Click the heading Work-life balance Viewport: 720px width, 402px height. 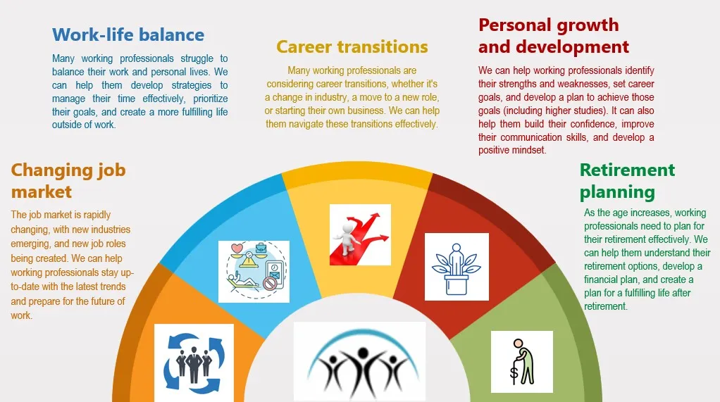coord(128,35)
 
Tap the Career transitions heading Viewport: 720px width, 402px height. coord(352,46)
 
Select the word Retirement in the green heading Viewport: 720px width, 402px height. coord(627,170)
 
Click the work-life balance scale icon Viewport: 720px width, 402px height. coord(254,272)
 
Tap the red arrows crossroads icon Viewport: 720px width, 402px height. coord(361,235)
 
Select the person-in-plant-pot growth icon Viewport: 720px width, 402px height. coord(457,267)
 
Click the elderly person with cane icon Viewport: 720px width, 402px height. coord(522,362)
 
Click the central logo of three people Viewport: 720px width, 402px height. coord(359,362)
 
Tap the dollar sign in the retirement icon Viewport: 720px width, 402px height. coord(514,374)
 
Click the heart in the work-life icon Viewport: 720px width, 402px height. coord(237,249)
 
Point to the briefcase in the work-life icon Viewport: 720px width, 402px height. coord(261,248)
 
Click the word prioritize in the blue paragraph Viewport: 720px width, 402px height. coord(211,99)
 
